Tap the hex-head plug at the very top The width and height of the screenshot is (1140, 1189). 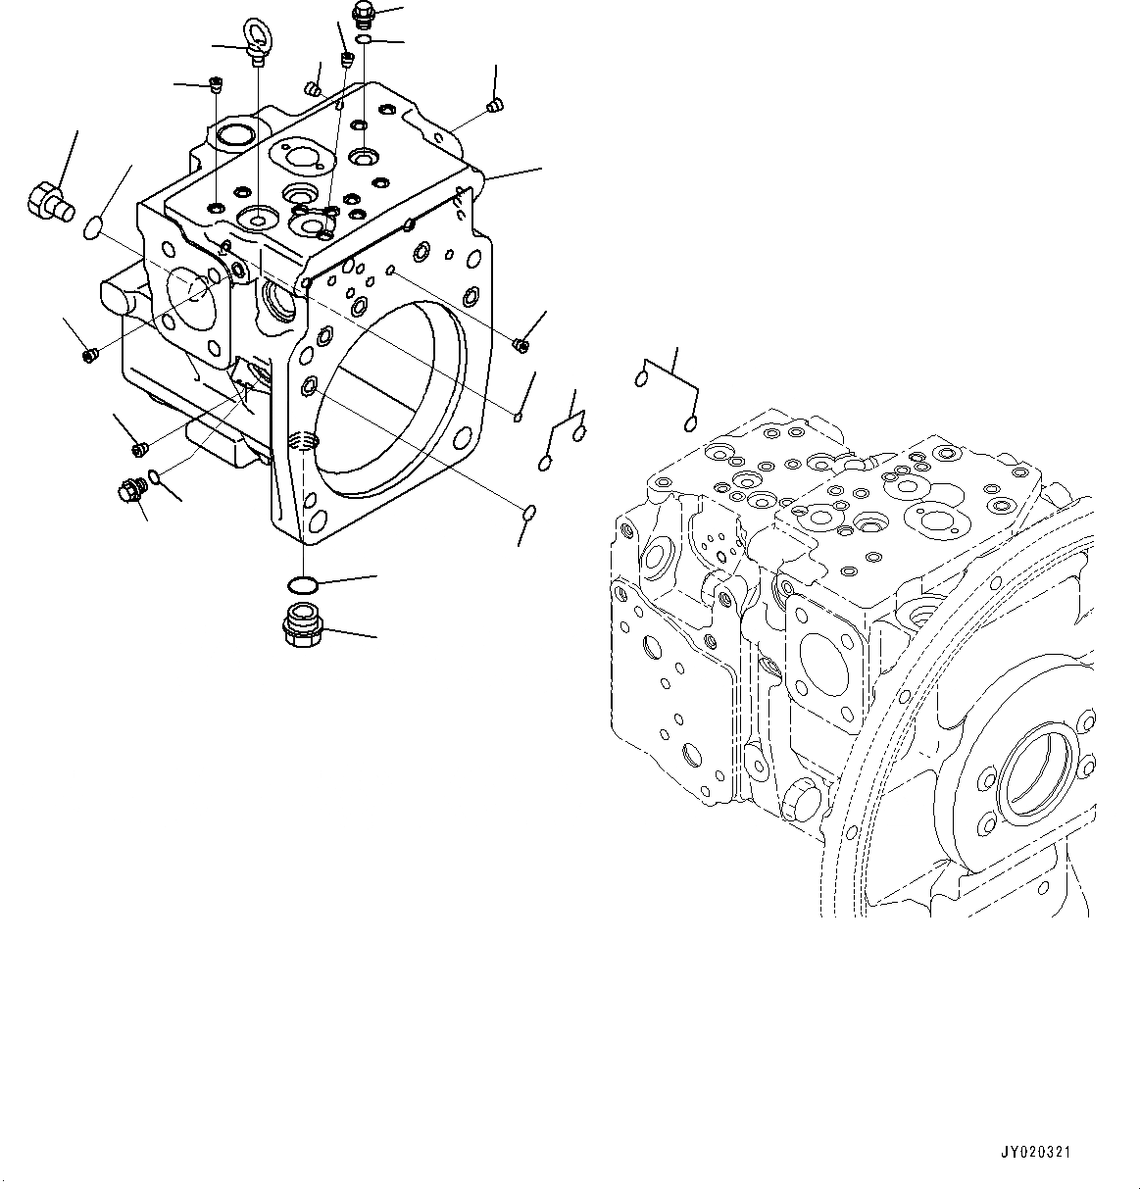coord(362,14)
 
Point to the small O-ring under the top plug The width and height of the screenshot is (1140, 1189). coord(363,40)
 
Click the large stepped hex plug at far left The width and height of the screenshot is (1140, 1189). coord(46,202)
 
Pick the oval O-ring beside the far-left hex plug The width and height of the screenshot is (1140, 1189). coord(92,228)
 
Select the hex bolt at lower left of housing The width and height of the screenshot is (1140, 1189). coord(128,488)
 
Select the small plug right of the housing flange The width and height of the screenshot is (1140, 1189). coord(520,343)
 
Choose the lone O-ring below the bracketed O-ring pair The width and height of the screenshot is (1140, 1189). coord(528,512)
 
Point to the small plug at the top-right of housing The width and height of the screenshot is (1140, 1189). coord(494,105)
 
